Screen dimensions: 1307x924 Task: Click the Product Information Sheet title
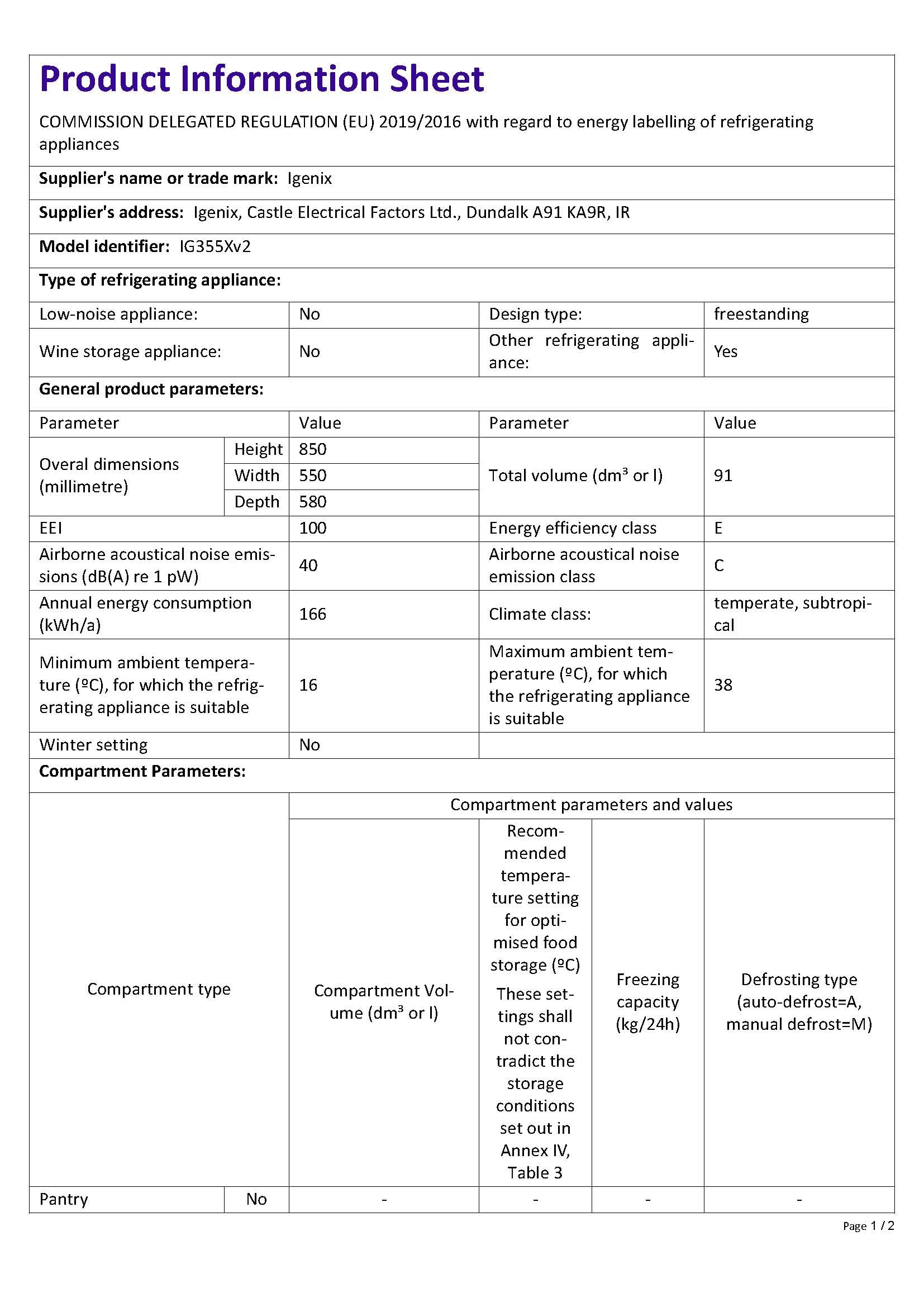click(261, 79)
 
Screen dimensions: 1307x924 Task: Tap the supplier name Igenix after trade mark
click(309, 179)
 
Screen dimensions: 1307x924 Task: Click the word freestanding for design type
click(761, 314)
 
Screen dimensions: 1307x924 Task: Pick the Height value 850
click(313, 449)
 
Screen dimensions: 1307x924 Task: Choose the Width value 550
click(313, 476)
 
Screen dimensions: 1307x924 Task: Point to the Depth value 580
click(313, 501)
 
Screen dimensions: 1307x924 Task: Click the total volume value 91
click(723, 476)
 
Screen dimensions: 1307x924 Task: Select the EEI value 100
click(313, 527)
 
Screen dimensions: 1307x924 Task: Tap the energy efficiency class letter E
click(718, 527)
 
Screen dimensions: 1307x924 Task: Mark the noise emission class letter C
click(719, 565)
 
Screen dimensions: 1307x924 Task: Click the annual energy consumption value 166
click(313, 614)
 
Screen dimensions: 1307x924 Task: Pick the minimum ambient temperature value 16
click(308, 685)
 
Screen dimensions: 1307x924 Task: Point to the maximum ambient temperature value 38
click(723, 685)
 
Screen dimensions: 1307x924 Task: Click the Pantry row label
click(64, 1199)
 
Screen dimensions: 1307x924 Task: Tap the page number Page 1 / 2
click(868, 1225)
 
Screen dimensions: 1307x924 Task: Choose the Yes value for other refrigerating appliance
click(726, 351)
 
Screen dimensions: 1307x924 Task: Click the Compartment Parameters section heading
click(142, 771)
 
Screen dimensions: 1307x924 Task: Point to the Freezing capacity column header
click(648, 1001)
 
